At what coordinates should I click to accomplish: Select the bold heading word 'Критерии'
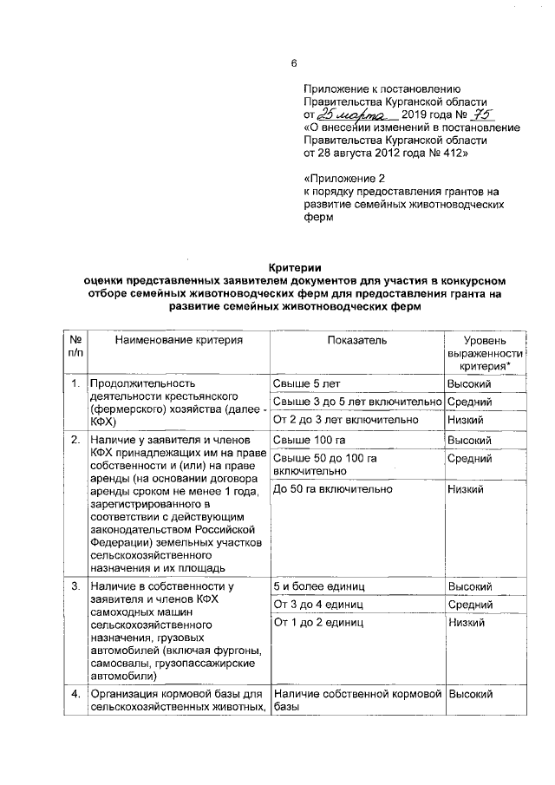[x=293, y=268]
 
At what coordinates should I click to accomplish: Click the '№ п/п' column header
[x=76, y=348]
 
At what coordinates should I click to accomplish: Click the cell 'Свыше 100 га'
[x=304, y=440]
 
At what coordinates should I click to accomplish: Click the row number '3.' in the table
[x=76, y=586]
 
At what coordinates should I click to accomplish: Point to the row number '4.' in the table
[x=76, y=695]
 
